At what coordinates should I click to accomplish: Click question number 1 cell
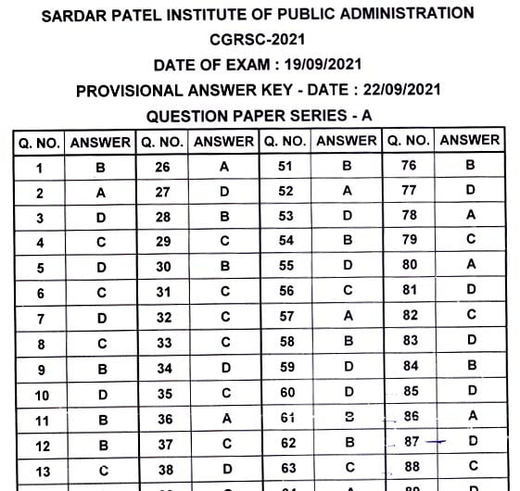pos(39,167)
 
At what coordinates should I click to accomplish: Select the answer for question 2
pos(101,193)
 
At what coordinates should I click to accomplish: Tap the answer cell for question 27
pos(223,193)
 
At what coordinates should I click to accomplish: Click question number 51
pos(285,167)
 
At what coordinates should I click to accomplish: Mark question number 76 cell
pos(409,166)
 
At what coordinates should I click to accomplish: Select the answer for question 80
pos(471,266)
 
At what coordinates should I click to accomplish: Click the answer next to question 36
pos(223,419)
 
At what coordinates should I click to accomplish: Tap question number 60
pos(285,393)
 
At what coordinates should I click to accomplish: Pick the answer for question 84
pos(471,366)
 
